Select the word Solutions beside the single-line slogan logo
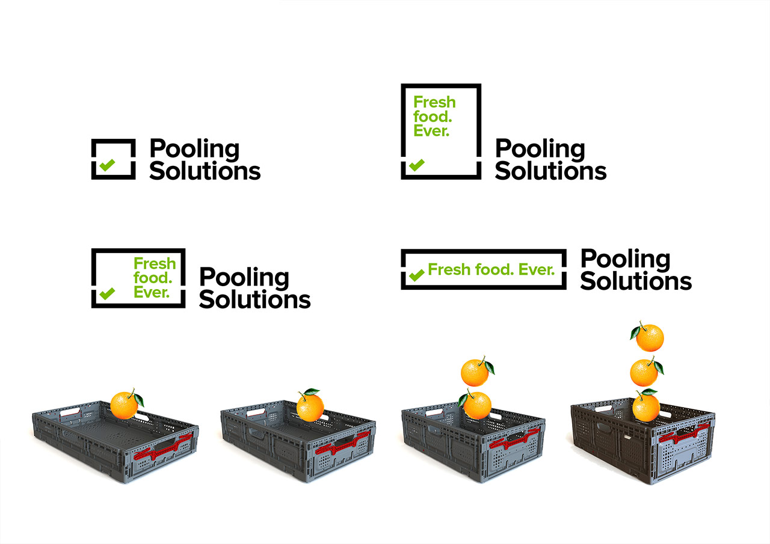point(636,281)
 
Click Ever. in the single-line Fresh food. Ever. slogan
point(536,270)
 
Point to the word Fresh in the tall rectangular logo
point(434,102)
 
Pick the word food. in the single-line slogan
point(493,270)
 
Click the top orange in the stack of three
point(650,337)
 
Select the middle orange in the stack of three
point(643,372)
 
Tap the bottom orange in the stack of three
point(645,406)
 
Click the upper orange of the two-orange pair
point(475,373)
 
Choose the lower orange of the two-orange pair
point(478,405)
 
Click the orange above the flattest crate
point(125,405)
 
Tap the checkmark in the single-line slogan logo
point(416,275)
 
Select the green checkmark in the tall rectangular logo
point(416,164)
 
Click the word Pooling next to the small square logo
point(194,150)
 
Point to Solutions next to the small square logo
point(205,171)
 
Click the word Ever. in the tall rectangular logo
point(431,130)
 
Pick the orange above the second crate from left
point(310,406)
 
